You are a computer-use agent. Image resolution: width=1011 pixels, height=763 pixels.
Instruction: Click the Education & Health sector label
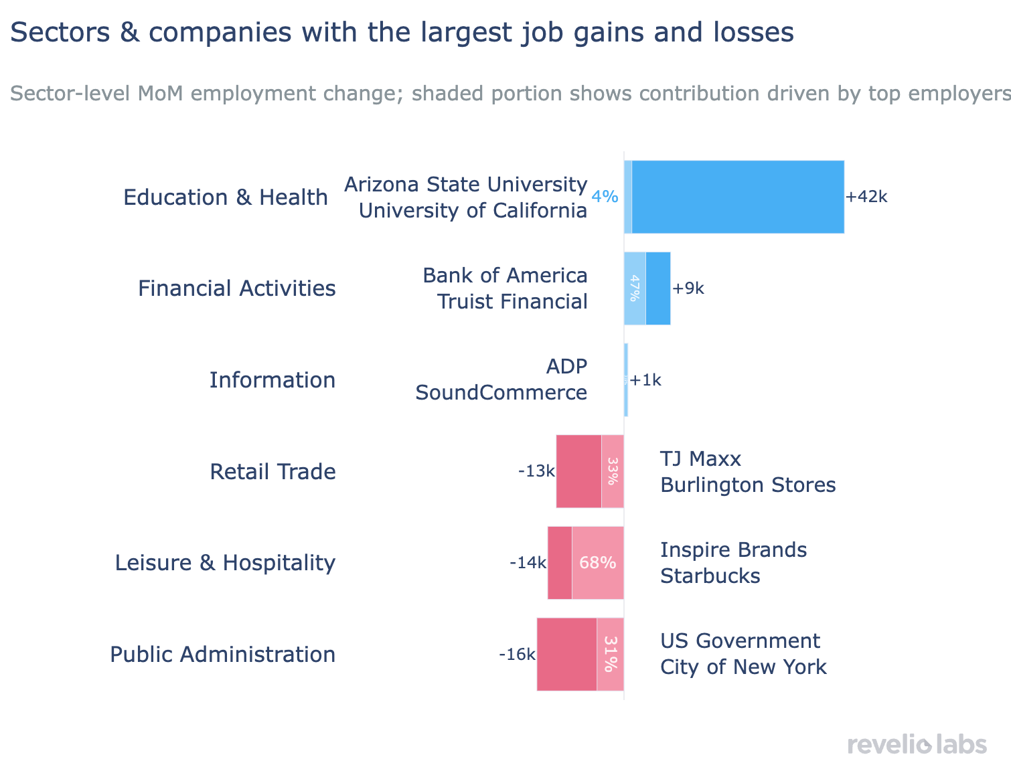226,197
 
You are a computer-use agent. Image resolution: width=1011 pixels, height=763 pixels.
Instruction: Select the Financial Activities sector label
236,288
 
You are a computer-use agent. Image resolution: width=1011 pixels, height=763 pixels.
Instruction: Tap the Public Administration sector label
222,654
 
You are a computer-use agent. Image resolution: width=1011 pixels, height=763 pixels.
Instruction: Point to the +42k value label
866,197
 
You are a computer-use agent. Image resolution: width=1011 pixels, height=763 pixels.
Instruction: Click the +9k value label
688,288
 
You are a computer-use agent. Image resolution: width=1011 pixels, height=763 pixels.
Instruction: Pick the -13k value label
536,471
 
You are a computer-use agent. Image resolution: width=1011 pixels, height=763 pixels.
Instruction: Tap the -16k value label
517,654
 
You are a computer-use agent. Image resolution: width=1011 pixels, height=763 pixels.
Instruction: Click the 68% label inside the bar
597,563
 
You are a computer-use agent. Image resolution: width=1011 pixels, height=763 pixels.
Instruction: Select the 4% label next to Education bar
605,197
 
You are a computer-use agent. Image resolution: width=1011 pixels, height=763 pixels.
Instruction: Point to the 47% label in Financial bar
635,288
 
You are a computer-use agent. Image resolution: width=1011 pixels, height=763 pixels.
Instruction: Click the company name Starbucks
710,576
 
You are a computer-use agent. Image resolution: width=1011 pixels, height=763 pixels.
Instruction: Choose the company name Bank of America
505,276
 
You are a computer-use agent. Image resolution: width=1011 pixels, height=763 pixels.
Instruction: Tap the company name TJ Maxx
700,459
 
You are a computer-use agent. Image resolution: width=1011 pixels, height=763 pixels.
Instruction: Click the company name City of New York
743,667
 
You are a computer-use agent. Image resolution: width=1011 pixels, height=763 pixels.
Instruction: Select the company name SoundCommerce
501,393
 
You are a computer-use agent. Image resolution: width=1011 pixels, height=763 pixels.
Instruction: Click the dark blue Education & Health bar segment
737,197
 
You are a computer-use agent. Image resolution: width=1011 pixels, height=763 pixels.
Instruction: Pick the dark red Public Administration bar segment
566,654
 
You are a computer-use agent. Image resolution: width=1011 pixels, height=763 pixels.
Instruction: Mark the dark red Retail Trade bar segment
578,471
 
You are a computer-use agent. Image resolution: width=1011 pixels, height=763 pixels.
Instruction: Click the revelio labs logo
917,744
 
